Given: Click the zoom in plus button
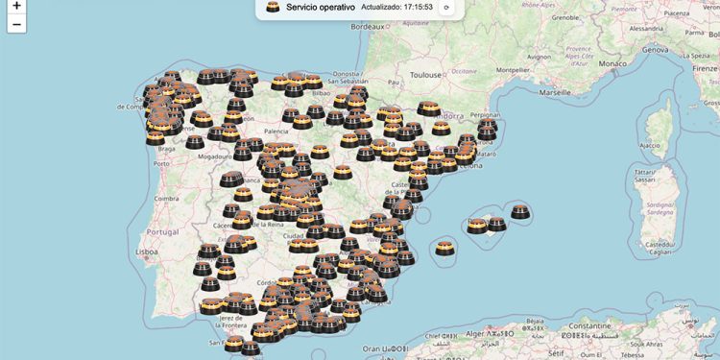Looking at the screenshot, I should [16, 7].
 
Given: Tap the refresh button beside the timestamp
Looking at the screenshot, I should [445, 8].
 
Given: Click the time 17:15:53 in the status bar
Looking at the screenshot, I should [418, 8].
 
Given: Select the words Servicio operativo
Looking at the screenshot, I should [321, 8].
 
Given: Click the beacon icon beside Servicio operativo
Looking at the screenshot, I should [274, 8].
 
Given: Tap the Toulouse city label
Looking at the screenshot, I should [425, 74].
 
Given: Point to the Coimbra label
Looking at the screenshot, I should [166, 199].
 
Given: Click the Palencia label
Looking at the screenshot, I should [276, 131].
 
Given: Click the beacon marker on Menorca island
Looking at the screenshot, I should [520, 212].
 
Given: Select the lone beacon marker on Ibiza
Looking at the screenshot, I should [444, 249].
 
